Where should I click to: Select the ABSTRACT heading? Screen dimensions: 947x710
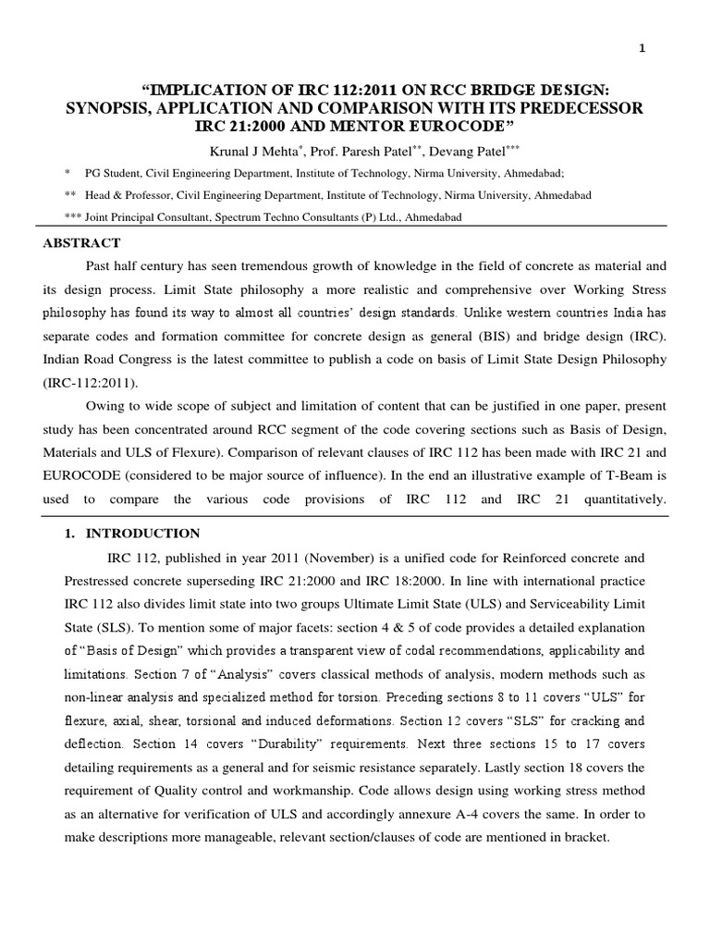pyautogui.click(x=81, y=243)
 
